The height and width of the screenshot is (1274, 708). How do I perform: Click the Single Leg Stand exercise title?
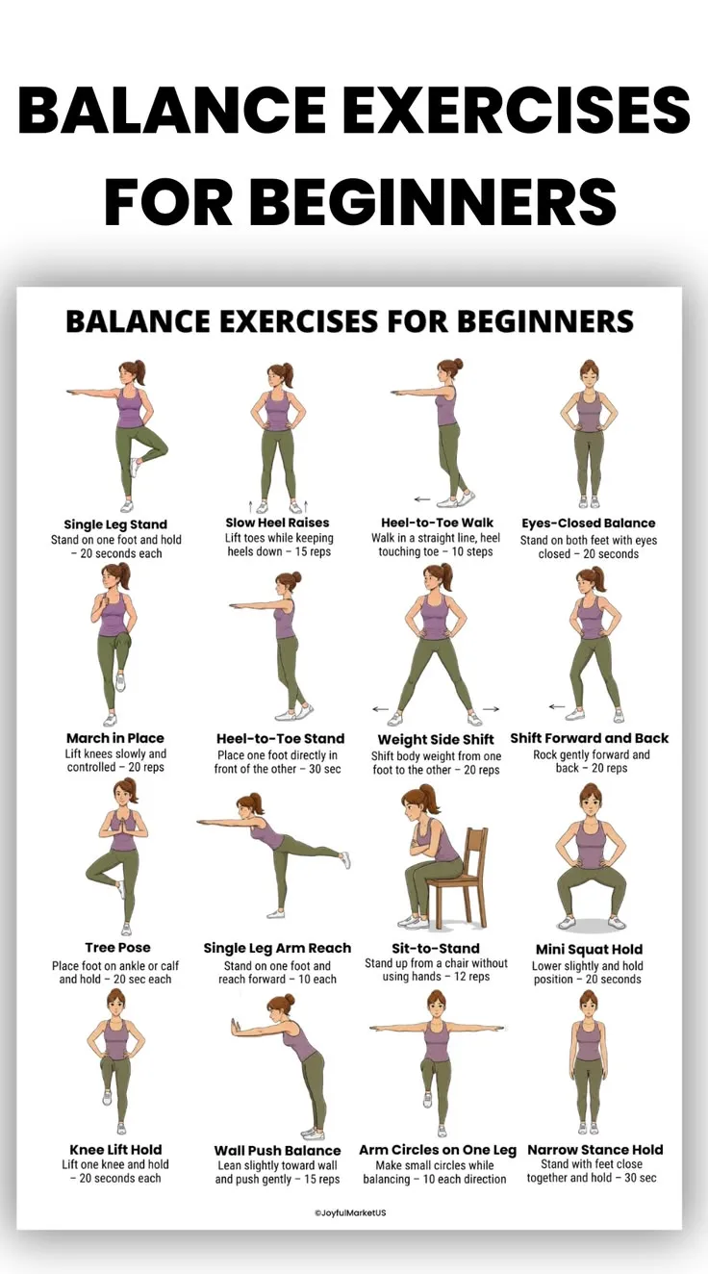tap(115, 524)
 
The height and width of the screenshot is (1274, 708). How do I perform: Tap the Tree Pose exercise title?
tap(117, 948)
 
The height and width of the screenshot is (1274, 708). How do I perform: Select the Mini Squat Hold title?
tap(589, 949)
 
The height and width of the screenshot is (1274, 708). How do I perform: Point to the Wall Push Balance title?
tap(277, 1151)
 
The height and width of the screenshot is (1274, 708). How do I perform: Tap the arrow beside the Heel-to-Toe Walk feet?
tap(422, 499)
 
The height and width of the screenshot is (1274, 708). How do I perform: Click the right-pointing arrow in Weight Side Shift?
tap(492, 708)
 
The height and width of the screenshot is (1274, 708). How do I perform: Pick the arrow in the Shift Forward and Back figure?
tap(557, 707)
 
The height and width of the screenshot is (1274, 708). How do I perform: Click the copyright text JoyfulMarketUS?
tap(350, 1212)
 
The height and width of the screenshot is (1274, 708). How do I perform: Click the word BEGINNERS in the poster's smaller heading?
tap(545, 320)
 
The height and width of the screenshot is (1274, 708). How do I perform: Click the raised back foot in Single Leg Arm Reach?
tap(345, 859)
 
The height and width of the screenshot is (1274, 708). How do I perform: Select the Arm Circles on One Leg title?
tap(438, 1150)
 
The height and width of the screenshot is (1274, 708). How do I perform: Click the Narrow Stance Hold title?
tap(594, 1150)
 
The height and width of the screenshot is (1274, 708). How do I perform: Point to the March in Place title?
tap(115, 738)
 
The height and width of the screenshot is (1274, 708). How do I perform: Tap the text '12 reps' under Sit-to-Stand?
tap(472, 977)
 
